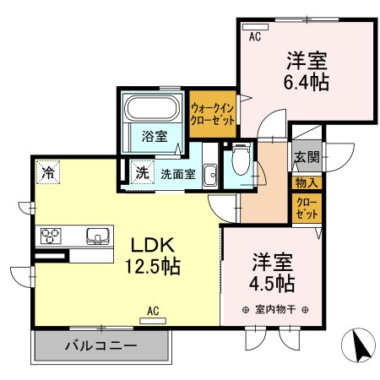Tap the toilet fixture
(x=240, y=159)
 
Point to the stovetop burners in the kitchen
(x=50, y=236)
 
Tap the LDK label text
(x=153, y=245)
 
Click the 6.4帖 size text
(x=307, y=83)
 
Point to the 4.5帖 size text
(x=271, y=282)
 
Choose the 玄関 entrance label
(x=306, y=157)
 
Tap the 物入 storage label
(x=305, y=182)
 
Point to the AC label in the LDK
(x=154, y=312)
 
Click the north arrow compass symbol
(x=358, y=345)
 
